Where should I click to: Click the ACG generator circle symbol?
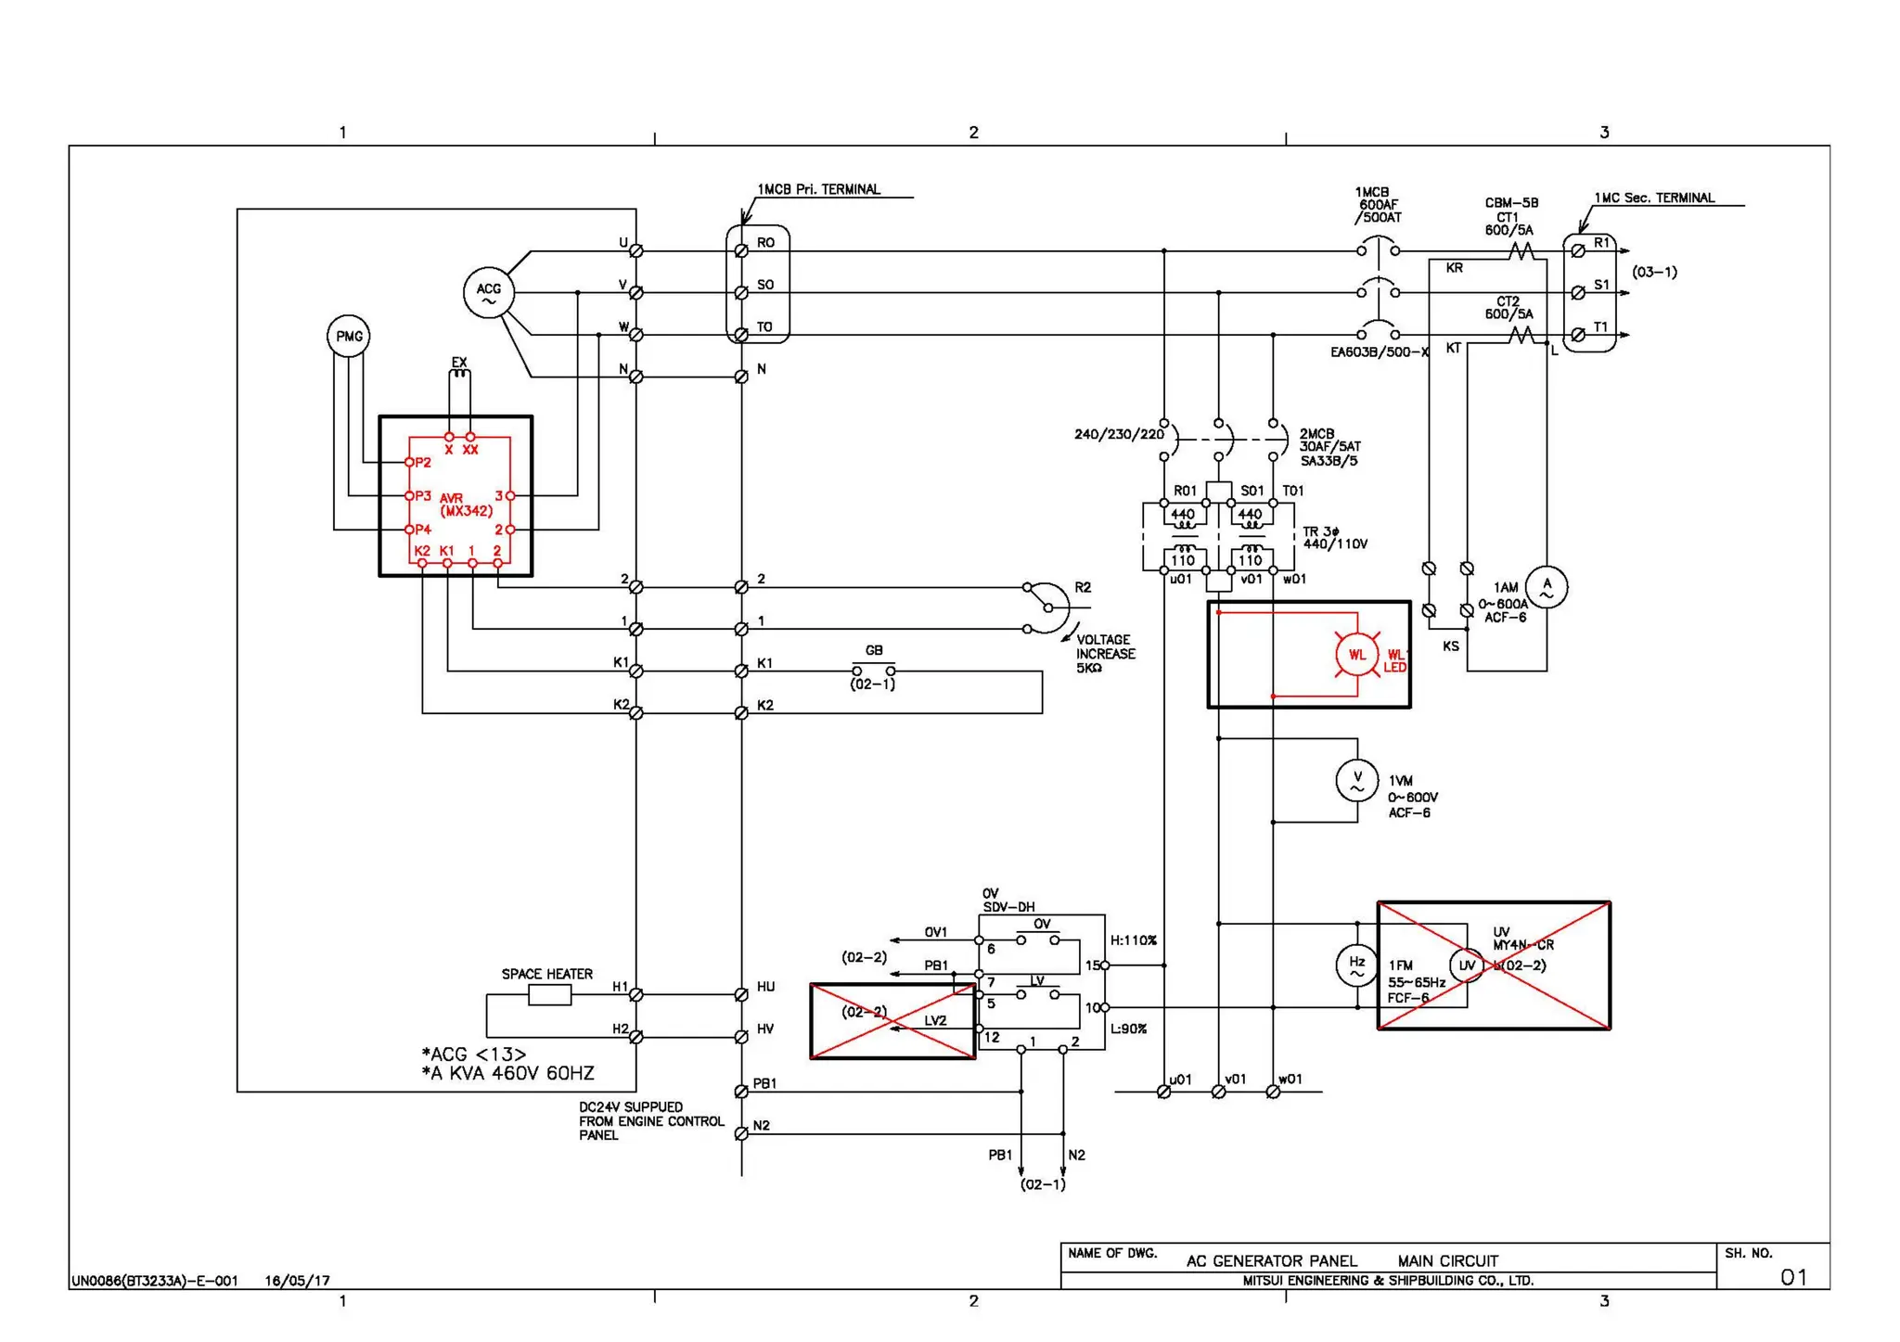coord(488,292)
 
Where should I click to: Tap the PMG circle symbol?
coord(349,336)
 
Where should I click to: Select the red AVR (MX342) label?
coord(465,505)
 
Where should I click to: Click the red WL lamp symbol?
coord(1356,654)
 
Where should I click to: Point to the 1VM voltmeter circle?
coord(1357,781)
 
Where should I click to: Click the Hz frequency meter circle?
coord(1356,965)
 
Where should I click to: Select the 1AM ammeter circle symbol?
coord(1546,587)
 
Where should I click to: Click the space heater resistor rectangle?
coord(549,995)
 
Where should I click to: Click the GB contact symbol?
coord(873,670)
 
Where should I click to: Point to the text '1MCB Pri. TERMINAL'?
coord(818,189)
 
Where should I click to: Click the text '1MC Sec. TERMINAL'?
coord(1654,198)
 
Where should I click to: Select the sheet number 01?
coord(1793,1277)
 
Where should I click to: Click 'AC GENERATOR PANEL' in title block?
coord(1271,1260)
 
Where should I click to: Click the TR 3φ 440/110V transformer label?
coord(1334,538)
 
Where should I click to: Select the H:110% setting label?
coord(1134,940)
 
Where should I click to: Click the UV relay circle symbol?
coord(1467,965)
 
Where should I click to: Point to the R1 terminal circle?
coord(1578,250)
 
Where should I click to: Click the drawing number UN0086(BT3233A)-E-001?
coord(155,1281)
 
